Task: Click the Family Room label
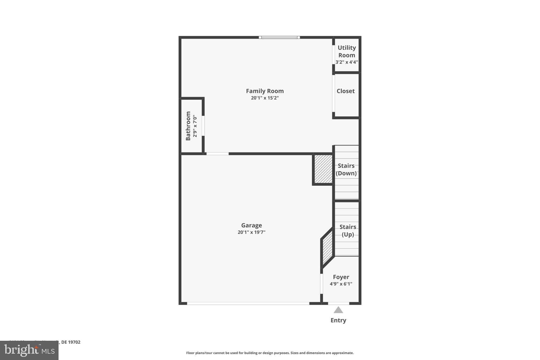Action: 265,91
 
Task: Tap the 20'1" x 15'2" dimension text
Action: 265,98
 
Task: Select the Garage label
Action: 252,225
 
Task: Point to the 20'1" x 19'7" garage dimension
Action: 252,232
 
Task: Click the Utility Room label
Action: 347,51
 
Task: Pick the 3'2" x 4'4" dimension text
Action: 347,62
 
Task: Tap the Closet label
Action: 345,91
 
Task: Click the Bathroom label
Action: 188,126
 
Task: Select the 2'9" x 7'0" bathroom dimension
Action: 195,126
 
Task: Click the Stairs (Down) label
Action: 346,169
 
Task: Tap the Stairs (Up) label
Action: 348,231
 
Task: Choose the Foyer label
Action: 341,277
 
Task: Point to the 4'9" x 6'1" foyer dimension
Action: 341,284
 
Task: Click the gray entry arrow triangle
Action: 338,310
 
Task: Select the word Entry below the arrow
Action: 338,320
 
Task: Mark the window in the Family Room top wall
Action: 279,37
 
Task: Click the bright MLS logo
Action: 29,350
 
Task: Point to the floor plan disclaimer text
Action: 270,353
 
